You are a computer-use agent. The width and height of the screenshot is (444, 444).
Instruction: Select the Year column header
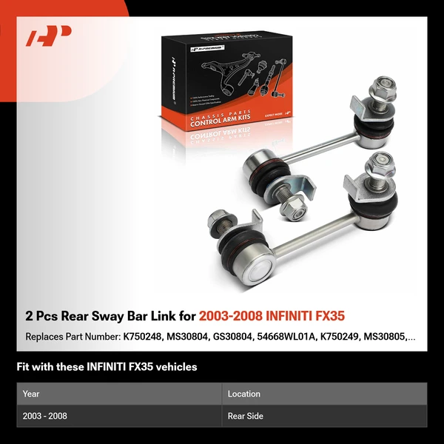[31, 394]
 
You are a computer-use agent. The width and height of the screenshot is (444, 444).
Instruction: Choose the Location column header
[243, 394]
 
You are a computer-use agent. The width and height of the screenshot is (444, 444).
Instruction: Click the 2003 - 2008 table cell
[45, 416]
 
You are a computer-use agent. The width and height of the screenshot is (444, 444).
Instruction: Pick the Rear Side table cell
[246, 416]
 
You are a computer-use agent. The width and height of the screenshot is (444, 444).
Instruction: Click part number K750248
[144, 337]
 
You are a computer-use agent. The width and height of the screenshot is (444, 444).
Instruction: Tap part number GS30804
[235, 337]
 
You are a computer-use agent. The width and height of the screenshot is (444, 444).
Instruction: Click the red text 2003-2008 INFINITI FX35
[272, 316]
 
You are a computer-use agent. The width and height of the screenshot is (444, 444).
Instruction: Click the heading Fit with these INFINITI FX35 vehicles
[107, 366]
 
